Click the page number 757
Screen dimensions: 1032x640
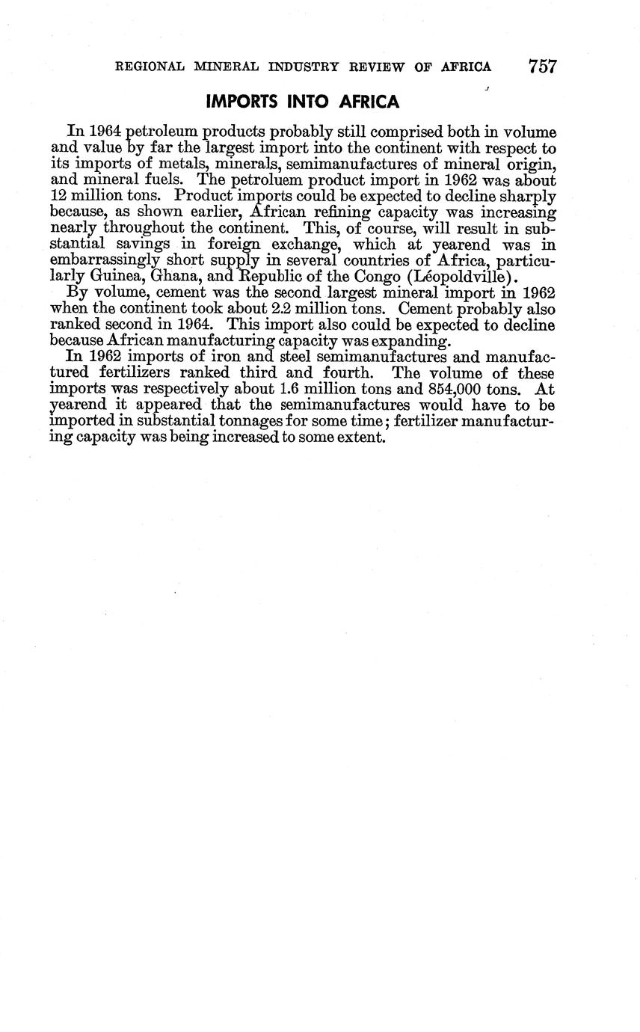coord(542,66)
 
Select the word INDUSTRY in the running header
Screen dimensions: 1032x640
coord(307,67)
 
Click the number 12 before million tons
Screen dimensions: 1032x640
coord(59,196)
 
